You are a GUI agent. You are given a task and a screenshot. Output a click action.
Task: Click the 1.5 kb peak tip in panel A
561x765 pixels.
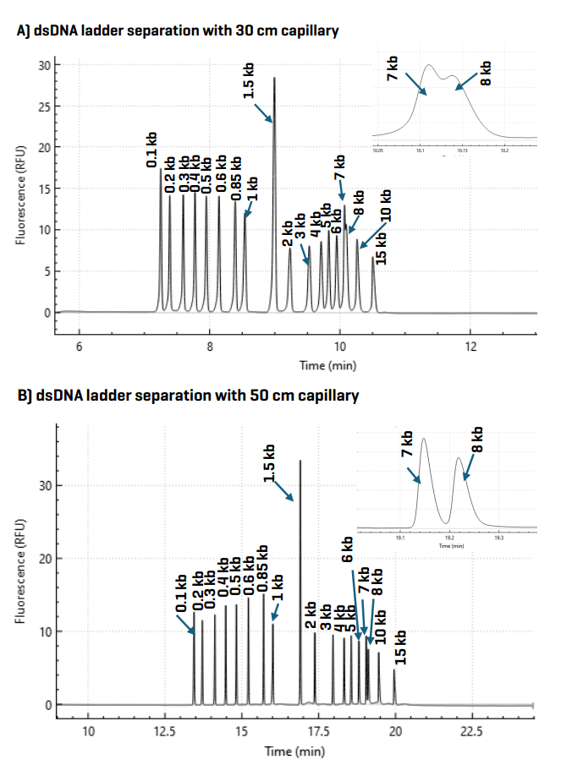[x=274, y=79]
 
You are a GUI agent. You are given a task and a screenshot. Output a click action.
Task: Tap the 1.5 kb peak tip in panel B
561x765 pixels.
[x=300, y=462]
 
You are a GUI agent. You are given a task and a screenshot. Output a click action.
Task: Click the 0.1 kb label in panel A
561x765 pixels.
[x=151, y=148]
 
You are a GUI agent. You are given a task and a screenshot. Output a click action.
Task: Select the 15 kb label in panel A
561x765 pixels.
[x=381, y=247]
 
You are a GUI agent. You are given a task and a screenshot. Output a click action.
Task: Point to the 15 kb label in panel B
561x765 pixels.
[x=401, y=648]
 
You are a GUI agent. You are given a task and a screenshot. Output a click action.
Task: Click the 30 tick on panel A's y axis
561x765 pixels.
[x=46, y=65]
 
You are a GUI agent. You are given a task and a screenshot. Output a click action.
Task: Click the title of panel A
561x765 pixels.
[x=178, y=31]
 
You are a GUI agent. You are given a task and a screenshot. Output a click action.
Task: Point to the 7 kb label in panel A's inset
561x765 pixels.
[x=393, y=69]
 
